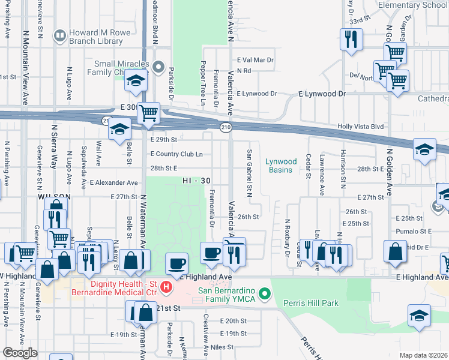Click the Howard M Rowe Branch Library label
96,37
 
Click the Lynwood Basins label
282,166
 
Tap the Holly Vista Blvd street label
360,127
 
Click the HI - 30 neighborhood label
197,181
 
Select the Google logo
19,353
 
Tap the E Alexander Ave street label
113,182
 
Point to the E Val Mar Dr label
255,60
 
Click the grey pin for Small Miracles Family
158,67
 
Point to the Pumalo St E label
414,231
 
